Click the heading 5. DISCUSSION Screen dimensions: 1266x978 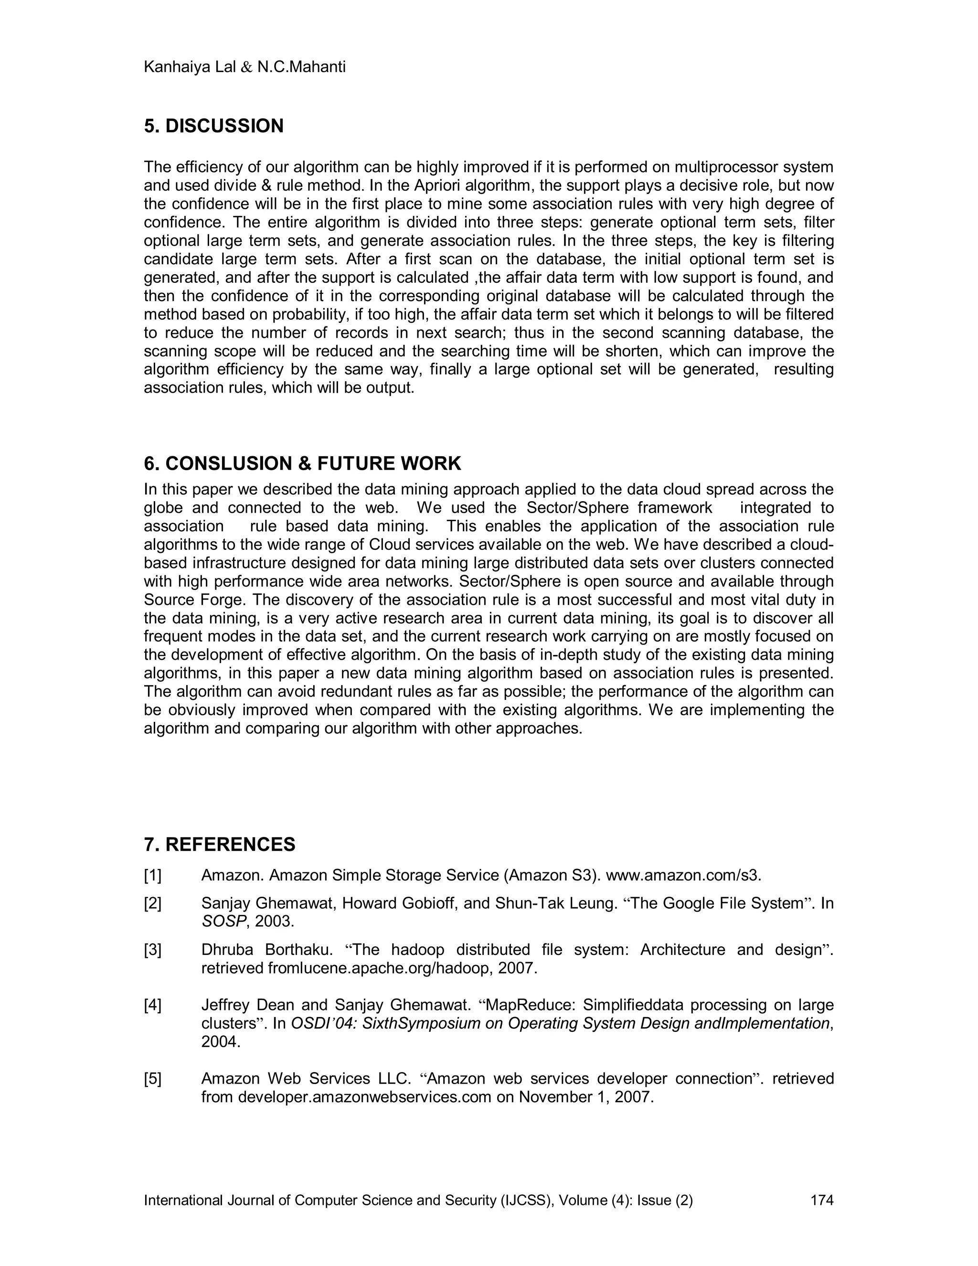coord(214,126)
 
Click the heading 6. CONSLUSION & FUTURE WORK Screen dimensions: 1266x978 coord(302,463)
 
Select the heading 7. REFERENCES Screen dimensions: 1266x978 coord(220,844)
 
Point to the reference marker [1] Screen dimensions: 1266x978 coord(152,875)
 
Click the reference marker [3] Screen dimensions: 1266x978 coord(152,950)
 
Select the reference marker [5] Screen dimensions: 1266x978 coord(152,1078)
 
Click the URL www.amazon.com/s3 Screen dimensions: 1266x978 coord(683,875)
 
